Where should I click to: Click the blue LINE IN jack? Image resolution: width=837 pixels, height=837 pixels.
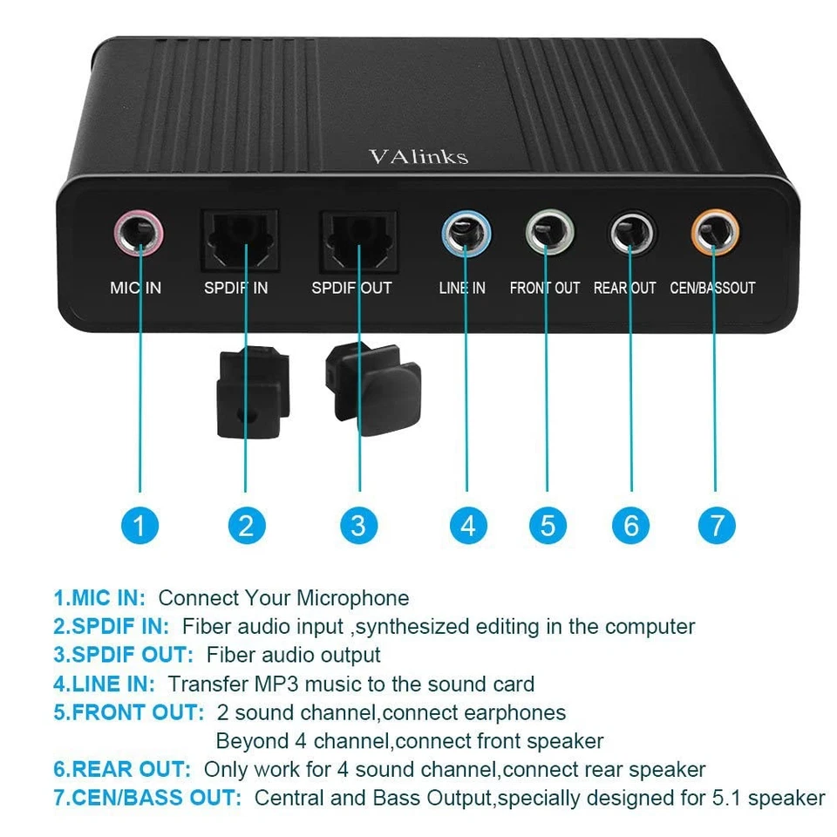(466, 234)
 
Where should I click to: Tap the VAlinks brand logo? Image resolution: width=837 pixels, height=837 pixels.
(418, 156)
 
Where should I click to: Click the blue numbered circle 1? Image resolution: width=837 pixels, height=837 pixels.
(139, 525)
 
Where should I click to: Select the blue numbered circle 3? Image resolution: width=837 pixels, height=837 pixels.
(358, 525)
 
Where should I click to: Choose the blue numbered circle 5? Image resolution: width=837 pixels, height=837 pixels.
(548, 525)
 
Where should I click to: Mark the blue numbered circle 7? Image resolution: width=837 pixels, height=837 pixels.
(717, 525)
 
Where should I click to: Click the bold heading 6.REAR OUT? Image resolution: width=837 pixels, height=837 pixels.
(122, 769)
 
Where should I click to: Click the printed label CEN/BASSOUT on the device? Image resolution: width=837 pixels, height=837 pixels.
(712, 288)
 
